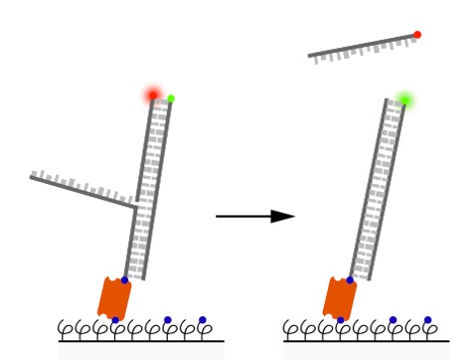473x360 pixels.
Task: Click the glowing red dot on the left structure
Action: [x=153, y=95]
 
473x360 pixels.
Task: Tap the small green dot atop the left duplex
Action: [x=171, y=98]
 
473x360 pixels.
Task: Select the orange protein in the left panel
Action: [x=114, y=297]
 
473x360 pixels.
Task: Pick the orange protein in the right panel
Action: [x=340, y=297]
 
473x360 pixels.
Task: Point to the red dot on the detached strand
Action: [x=417, y=35]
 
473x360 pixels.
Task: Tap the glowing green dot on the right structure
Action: [x=404, y=99]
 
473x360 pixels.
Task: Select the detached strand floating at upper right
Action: [x=362, y=47]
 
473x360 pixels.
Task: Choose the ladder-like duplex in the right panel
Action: [x=378, y=189]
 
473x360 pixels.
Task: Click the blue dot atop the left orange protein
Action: [x=124, y=280]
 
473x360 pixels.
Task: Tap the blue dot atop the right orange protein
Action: [x=350, y=280]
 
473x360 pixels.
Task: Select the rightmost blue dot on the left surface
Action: [x=203, y=320]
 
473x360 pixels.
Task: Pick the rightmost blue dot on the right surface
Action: [x=428, y=320]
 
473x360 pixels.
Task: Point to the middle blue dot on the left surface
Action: [x=167, y=320]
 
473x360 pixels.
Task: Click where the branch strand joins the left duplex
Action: [x=135, y=208]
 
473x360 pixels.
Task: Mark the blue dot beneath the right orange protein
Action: [x=340, y=320]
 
